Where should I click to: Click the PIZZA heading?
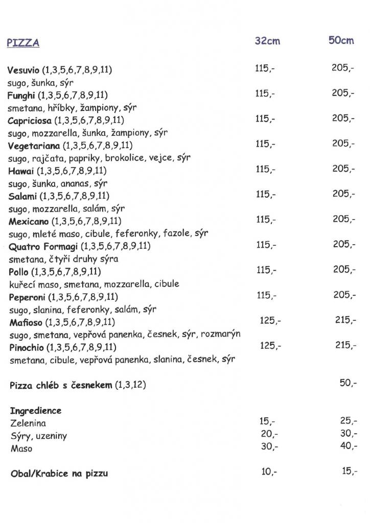[23, 43]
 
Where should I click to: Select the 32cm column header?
[267, 41]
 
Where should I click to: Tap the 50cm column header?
[341, 40]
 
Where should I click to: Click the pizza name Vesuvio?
[24, 69]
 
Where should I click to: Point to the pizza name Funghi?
[21, 95]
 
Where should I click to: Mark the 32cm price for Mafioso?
[270, 320]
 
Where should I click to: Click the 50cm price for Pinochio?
[345, 345]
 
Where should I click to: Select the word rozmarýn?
[221, 334]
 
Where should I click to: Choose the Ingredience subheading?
[35, 411]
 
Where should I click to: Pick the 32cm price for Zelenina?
[267, 421]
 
